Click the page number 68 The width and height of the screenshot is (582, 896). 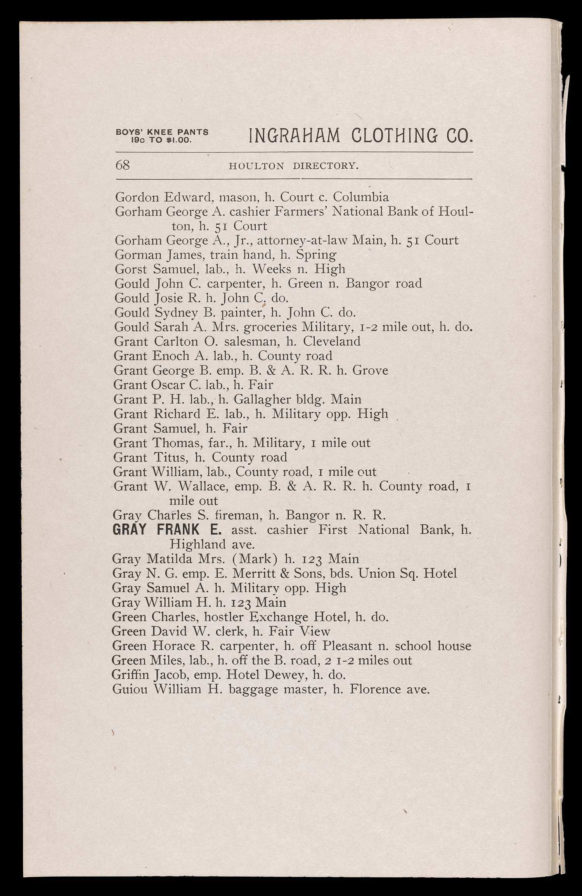point(123,165)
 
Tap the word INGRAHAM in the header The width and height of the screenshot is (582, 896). point(294,137)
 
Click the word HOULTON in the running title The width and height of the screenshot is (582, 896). point(256,166)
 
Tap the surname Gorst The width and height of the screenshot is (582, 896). point(131,269)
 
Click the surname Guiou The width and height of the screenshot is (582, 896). point(130,689)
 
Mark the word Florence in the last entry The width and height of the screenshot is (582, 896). point(375,689)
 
